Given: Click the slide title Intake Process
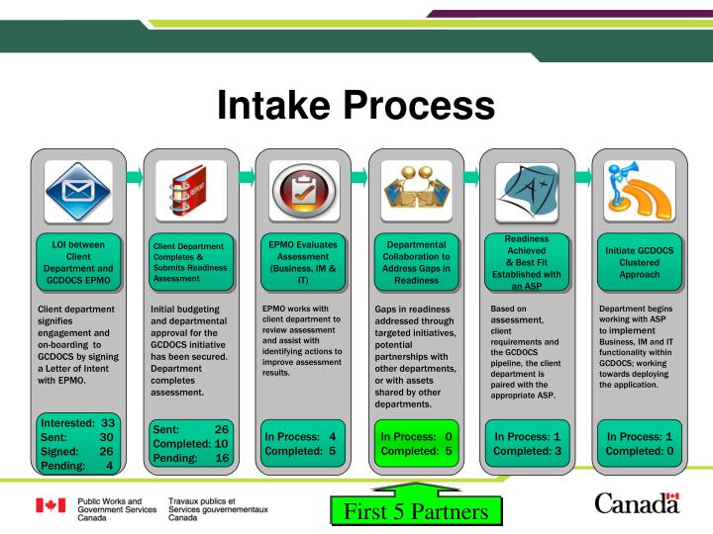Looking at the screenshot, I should pos(356,105).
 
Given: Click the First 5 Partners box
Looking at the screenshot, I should pos(416,512).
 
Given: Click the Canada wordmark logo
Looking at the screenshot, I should pos(638,505).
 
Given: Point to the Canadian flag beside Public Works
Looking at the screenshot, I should pos(51,507).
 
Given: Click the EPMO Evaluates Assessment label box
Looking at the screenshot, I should pos(302,261).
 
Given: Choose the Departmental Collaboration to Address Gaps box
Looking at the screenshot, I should pos(414,261).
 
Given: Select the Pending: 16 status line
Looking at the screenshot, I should pos(192,459).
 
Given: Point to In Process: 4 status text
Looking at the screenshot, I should pos(301,436).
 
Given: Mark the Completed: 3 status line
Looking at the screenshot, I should pos(528,452).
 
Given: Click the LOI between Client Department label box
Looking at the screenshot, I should pos(79,261).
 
